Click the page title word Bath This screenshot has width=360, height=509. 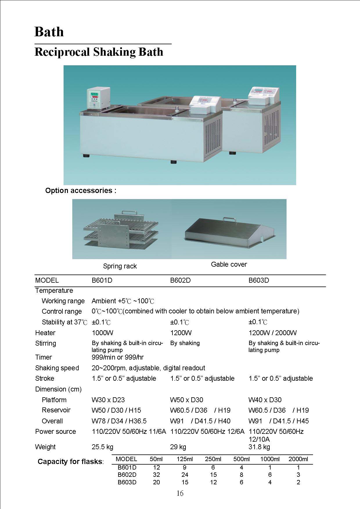tap(49, 32)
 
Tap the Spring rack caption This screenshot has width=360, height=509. tap(120, 266)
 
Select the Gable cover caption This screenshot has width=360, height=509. tap(229, 264)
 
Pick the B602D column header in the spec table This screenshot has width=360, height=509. tap(180, 280)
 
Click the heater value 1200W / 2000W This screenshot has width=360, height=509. tap(272, 333)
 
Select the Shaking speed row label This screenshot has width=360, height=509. tap(57, 368)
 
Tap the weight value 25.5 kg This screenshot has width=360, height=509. tap(102, 447)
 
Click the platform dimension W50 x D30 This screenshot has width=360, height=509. tap(186, 400)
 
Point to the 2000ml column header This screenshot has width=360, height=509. tap(298, 459)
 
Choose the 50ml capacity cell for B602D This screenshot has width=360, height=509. tap(156, 475)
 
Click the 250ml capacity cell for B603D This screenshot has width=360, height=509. tap(213, 482)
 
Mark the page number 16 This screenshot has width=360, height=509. tap(180, 493)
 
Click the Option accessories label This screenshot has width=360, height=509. tap(81, 191)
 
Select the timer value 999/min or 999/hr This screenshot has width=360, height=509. tap(118, 357)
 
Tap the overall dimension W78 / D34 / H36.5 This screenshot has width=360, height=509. tap(119, 421)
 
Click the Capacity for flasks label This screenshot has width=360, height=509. tap(71, 461)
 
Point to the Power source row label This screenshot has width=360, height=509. tap(55, 432)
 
